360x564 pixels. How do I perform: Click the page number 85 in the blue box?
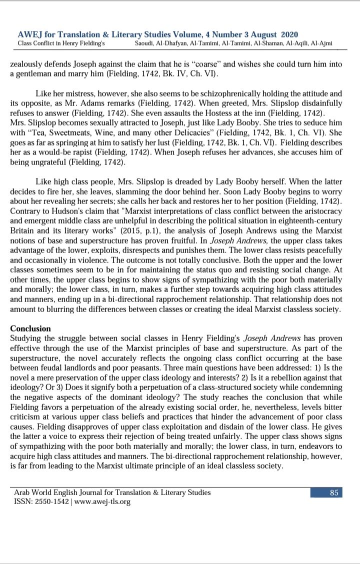(334, 492)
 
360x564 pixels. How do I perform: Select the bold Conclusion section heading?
(30, 328)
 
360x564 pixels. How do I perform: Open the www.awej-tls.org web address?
(103, 501)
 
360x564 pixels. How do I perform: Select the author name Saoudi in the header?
(146, 43)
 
